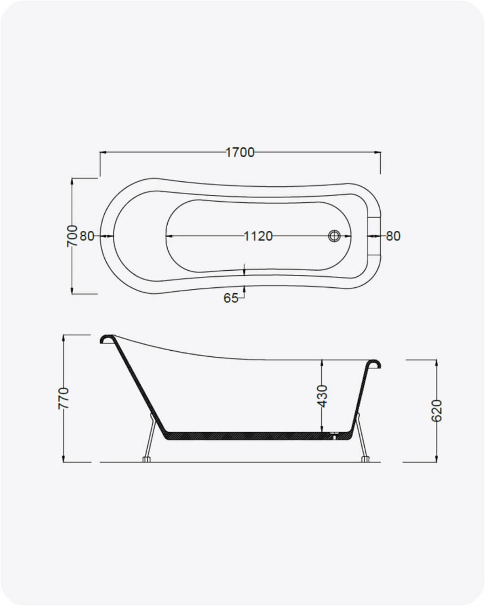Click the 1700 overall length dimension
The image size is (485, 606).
click(240, 153)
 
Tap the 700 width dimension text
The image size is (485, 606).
click(72, 236)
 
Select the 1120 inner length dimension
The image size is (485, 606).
click(258, 236)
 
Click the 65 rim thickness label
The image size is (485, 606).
click(231, 298)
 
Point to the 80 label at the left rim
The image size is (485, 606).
click(87, 236)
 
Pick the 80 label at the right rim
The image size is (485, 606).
click(393, 236)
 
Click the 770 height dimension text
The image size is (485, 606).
click(63, 398)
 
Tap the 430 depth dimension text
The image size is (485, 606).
click(323, 396)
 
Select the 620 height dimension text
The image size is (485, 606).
click(437, 410)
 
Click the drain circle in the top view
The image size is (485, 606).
click(335, 236)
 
